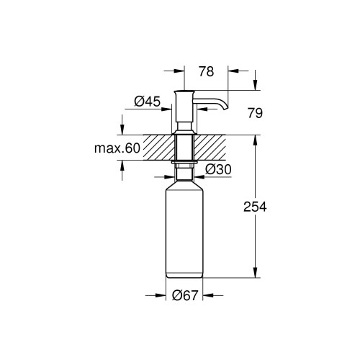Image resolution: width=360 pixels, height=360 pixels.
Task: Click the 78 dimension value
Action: (x=206, y=71)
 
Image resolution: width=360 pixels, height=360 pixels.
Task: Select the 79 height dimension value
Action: (x=255, y=113)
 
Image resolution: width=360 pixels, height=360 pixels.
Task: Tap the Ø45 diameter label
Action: (x=147, y=102)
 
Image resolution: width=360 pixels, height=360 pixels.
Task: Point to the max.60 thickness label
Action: (x=117, y=148)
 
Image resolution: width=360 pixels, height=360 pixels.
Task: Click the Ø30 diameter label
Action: (x=218, y=170)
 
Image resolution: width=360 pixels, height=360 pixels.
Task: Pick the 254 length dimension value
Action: (x=255, y=207)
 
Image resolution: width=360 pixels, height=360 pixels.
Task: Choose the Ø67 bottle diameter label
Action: (x=185, y=295)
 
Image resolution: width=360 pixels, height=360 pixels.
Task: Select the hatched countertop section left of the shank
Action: (x=159, y=148)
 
